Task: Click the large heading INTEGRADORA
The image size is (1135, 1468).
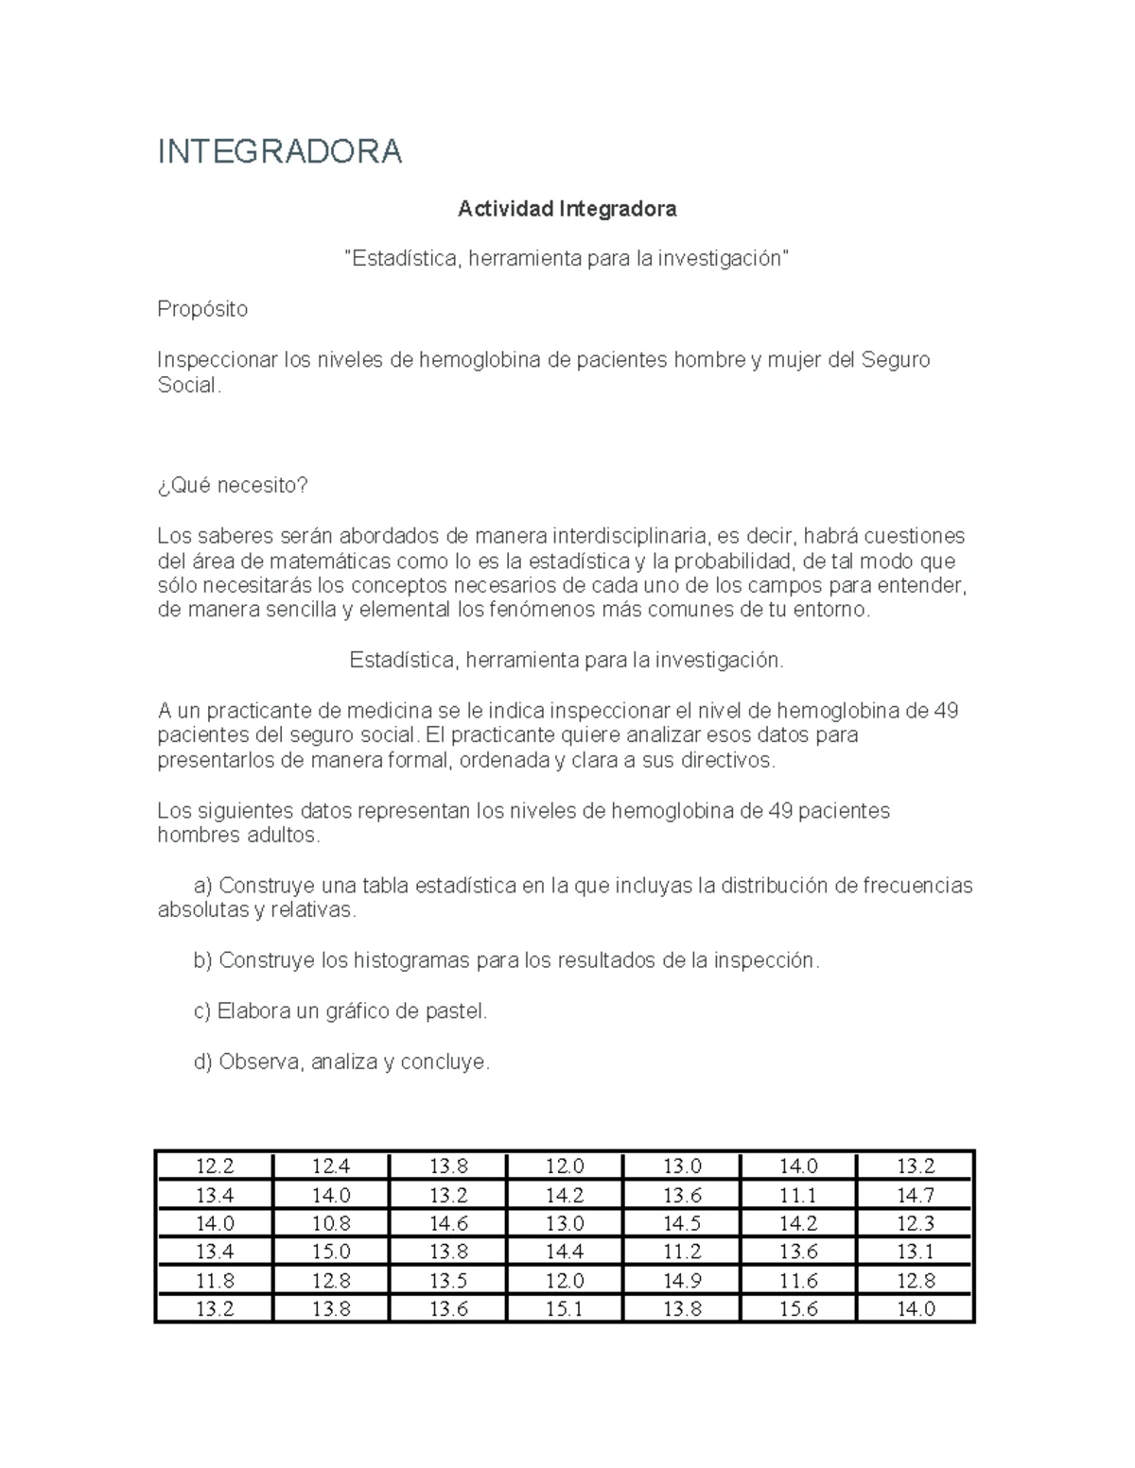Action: click(x=280, y=151)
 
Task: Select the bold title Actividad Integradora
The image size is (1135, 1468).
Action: click(x=567, y=209)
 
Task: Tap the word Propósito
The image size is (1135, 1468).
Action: click(x=202, y=309)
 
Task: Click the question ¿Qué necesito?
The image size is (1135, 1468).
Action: click(x=233, y=485)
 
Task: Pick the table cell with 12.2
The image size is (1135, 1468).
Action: click(x=215, y=1166)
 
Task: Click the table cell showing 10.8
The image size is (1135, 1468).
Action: click(x=331, y=1223)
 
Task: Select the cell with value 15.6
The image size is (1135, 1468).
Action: click(x=798, y=1309)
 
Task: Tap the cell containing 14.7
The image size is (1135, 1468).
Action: click(x=916, y=1195)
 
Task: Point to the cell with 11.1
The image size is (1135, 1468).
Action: click(x=798, y=1195)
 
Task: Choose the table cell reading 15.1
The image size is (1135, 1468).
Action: click(x=565, y=1309)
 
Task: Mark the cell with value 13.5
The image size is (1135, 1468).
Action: click(x=448, y=1281)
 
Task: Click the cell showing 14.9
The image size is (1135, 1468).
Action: click(x=682, y=1281)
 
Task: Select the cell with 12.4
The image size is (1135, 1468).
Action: click(x=331, y=1166)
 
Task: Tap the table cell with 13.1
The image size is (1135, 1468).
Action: click(x=916, y=1252)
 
